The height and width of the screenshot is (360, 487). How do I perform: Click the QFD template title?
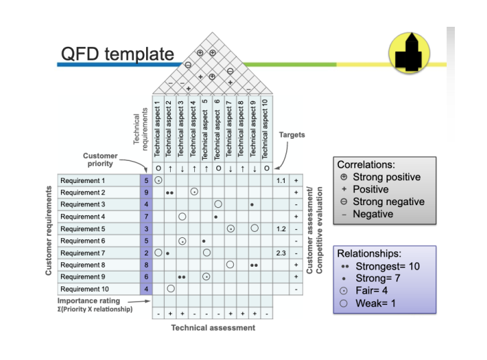117,54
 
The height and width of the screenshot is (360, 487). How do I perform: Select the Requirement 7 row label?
82,253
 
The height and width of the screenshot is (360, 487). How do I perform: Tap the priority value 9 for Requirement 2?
146,192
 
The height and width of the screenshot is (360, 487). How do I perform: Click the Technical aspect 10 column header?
265,129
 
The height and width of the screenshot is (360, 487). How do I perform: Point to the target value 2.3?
281,253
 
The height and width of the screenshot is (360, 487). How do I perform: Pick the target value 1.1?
281,180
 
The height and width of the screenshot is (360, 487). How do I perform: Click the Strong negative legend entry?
382,201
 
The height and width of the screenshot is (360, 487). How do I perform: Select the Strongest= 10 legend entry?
380,266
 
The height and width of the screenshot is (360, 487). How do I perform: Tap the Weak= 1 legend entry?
368,303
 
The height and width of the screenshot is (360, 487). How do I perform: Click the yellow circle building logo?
409,53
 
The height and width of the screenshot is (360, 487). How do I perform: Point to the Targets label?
291,135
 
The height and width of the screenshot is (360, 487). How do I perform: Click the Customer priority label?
100,160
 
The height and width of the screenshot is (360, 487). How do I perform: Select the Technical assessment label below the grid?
213,328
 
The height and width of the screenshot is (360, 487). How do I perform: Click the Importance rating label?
88,300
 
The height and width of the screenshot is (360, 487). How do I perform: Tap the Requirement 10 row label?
84,289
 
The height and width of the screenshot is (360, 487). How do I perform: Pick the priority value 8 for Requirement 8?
146,265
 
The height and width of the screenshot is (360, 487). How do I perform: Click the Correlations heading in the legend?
366,164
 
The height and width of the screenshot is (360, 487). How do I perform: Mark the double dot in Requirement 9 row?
182,277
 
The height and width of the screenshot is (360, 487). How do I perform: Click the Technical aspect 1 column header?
157,129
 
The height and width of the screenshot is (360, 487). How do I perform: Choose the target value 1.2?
281,229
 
